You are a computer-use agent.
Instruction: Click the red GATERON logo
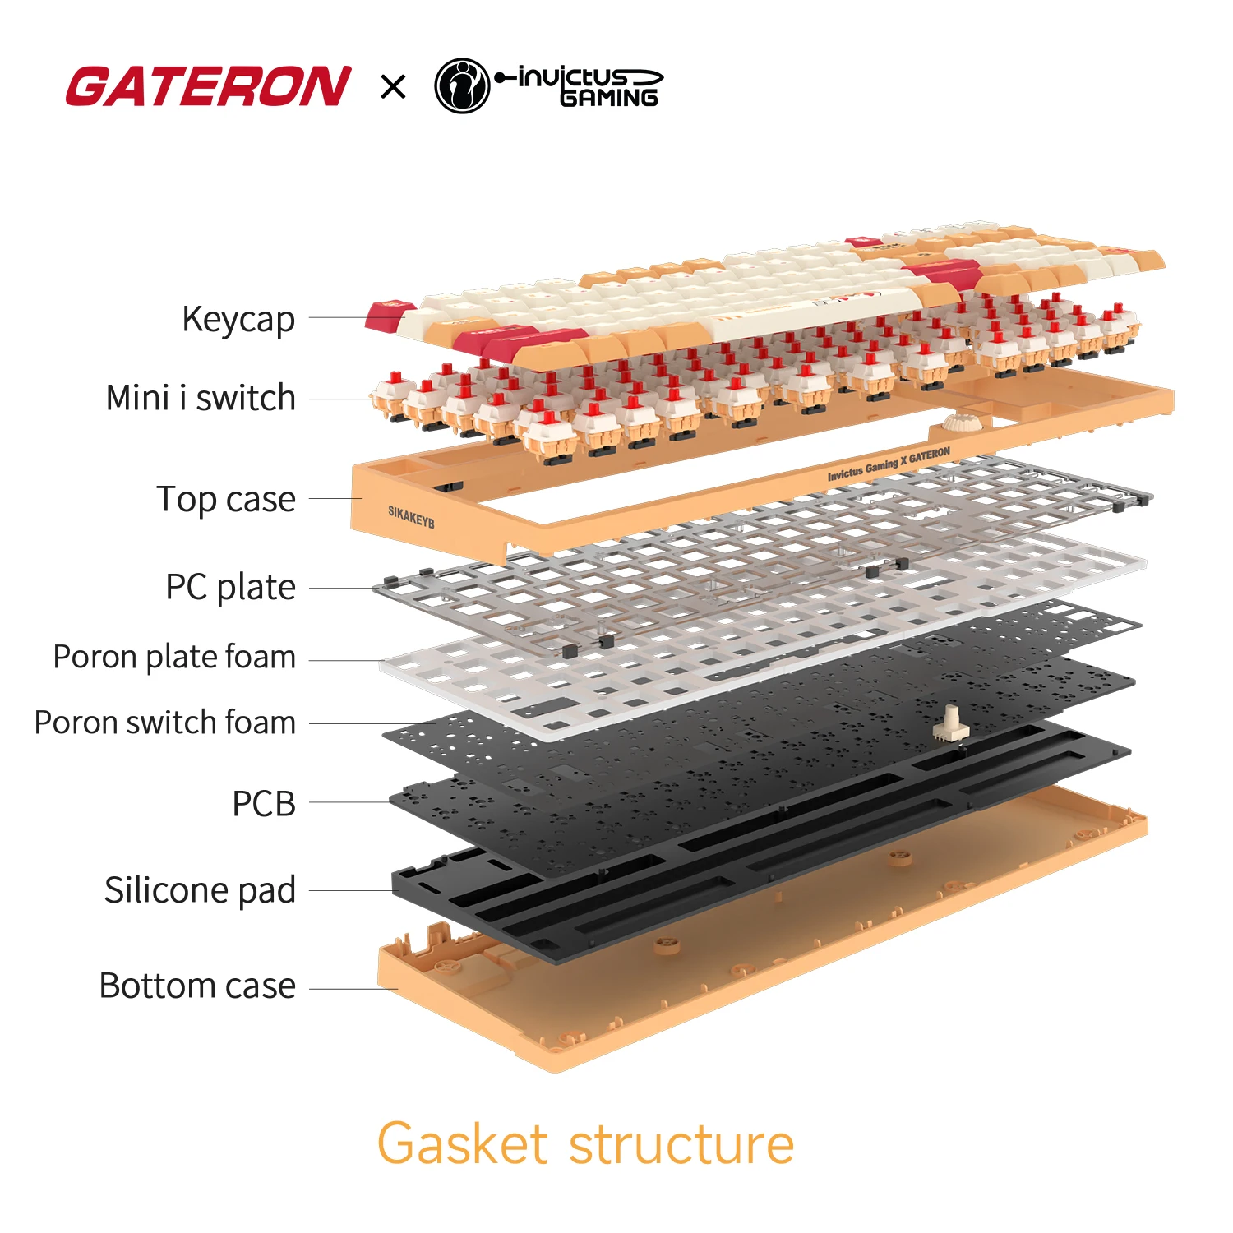tap(209, 87)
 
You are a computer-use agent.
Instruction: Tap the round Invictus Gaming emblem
tap(462, 85)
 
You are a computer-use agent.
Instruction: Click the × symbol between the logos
tap(394, 86)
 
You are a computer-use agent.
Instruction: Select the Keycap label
tap(238, 319)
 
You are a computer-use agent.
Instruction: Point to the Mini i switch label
tap(201, 398)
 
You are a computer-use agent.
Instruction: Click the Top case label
tap(226, 499)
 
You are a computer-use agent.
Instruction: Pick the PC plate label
tap(230, 588)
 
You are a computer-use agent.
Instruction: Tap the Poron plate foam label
tap(174, 657)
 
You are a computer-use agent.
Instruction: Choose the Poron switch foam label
tap(165, 723)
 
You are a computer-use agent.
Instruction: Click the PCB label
tap(264, 803)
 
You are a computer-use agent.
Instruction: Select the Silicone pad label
tap(200, 890)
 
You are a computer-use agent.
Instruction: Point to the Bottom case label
tap(197, 986)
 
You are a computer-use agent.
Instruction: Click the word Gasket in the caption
tap(462, 1143)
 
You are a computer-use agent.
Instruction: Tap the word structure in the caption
tap(681, 1143)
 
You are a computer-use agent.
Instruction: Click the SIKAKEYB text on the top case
tap(411, 517)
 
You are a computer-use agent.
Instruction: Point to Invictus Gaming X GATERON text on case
tap(889, 464)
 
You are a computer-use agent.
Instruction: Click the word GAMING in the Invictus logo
tap(609, 98)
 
